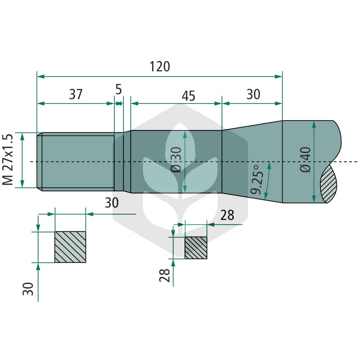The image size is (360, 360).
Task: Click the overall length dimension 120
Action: [x=160, y=66]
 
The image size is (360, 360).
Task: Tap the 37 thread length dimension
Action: [x=76, y=94]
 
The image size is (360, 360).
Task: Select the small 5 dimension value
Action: [x=118, y=89]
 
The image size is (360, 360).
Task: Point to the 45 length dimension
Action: [x=189, y=96]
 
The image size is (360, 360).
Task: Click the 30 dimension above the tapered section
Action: [x=253, y=94]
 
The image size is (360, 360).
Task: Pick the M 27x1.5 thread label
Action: [x=8, y=160]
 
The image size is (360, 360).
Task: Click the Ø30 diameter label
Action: [x=176, y=160]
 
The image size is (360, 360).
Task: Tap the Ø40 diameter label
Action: [x=306, y=160]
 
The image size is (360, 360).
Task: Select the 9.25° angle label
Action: [x=256, y=180]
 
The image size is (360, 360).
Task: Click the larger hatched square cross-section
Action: [x=70, y=247]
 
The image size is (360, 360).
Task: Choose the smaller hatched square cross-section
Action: [x=196, y=248]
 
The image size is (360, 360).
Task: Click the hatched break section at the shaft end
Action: [x=329, y=184]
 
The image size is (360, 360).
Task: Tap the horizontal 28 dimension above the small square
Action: [x=227, y=215]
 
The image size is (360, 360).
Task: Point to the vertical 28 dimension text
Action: [x=165, y=275]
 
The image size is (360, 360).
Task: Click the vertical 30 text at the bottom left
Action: [x=28, y=289]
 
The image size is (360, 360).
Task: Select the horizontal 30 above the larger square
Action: [x=112, y=202]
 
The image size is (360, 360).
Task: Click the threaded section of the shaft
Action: [x=76, y=162]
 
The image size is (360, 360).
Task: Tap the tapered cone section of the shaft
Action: [x=252, y=162]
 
